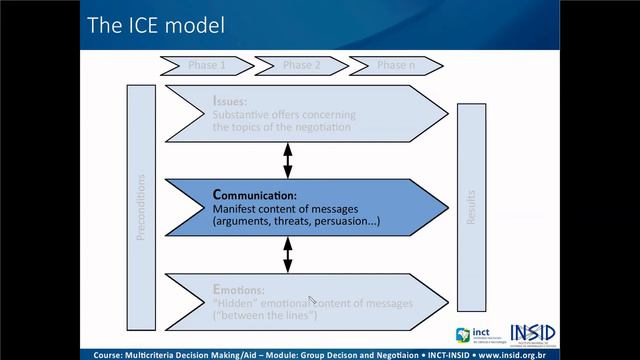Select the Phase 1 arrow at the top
pos(207,66)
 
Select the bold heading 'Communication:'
pos(255,195)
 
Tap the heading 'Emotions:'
pos(238,288)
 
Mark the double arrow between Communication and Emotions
pos(288,254)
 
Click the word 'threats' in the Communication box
pos(295,221)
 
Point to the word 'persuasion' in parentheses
pos(346,221)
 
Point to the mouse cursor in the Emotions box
pos(312,300)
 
